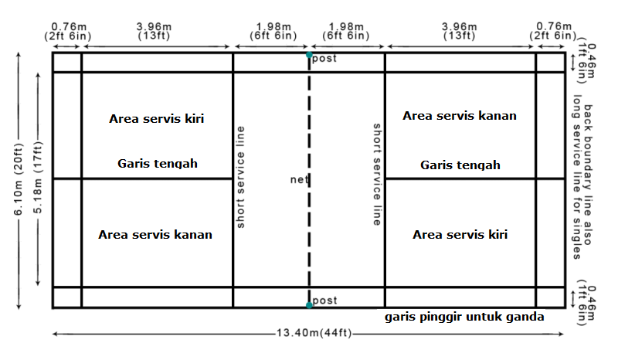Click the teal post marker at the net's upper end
click(x=309, y=55)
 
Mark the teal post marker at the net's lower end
click(x=309, y=305)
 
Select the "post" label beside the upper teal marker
click(x=324, y=59)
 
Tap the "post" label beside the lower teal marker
click(x=324, y=300)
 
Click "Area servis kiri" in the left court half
click(x=158, y=119)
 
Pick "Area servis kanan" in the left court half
click(x=155, y=234)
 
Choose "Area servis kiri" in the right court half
click(x=460, y=234)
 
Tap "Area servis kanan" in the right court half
click(x=460, y=116)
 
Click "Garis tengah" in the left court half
click(x=158, y=164)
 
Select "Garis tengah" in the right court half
click(x=460, y=165)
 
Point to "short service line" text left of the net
click(x=241, y=177)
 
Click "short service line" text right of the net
click(x=377, y=174)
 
